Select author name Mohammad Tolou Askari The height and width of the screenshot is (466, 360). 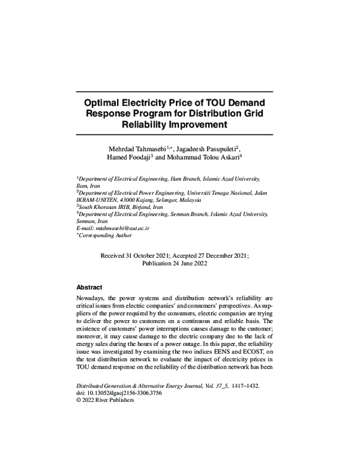coord(202,158)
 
